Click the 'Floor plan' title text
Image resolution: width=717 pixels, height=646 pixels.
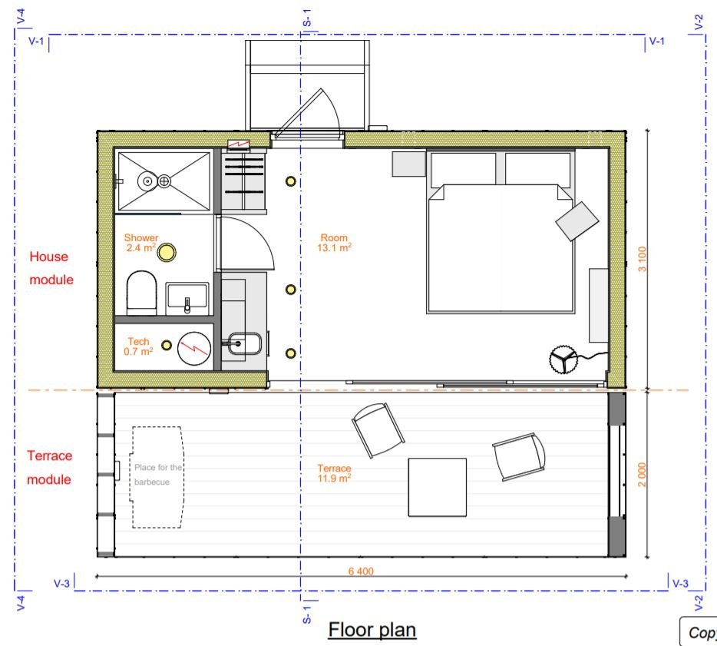[x=372, y=630]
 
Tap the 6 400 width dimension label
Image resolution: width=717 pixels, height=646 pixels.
[x=360, y=571]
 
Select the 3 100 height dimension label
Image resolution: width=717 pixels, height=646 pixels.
[x=642, y=259]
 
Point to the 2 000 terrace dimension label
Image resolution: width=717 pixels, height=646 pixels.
[x=642, y=474]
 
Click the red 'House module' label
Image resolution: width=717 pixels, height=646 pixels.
[x=51, y=268]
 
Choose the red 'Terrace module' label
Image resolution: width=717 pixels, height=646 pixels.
[x=51, y=467]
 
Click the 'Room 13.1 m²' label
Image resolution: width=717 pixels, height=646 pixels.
[x=335, y=243]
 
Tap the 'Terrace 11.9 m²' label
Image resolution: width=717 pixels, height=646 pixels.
[x=334, y=472]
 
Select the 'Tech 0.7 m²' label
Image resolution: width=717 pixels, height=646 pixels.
[x=138, y=346]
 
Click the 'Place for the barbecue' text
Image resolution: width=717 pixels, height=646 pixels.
[x=157, y=474]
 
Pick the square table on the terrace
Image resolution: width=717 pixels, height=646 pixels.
[x=438, y=487]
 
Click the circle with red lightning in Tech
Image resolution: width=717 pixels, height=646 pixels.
[x=193, y=348]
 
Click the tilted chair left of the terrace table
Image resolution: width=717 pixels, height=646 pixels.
[x=378, y=429]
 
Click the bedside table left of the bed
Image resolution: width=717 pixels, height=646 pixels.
[x=408, y=164]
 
